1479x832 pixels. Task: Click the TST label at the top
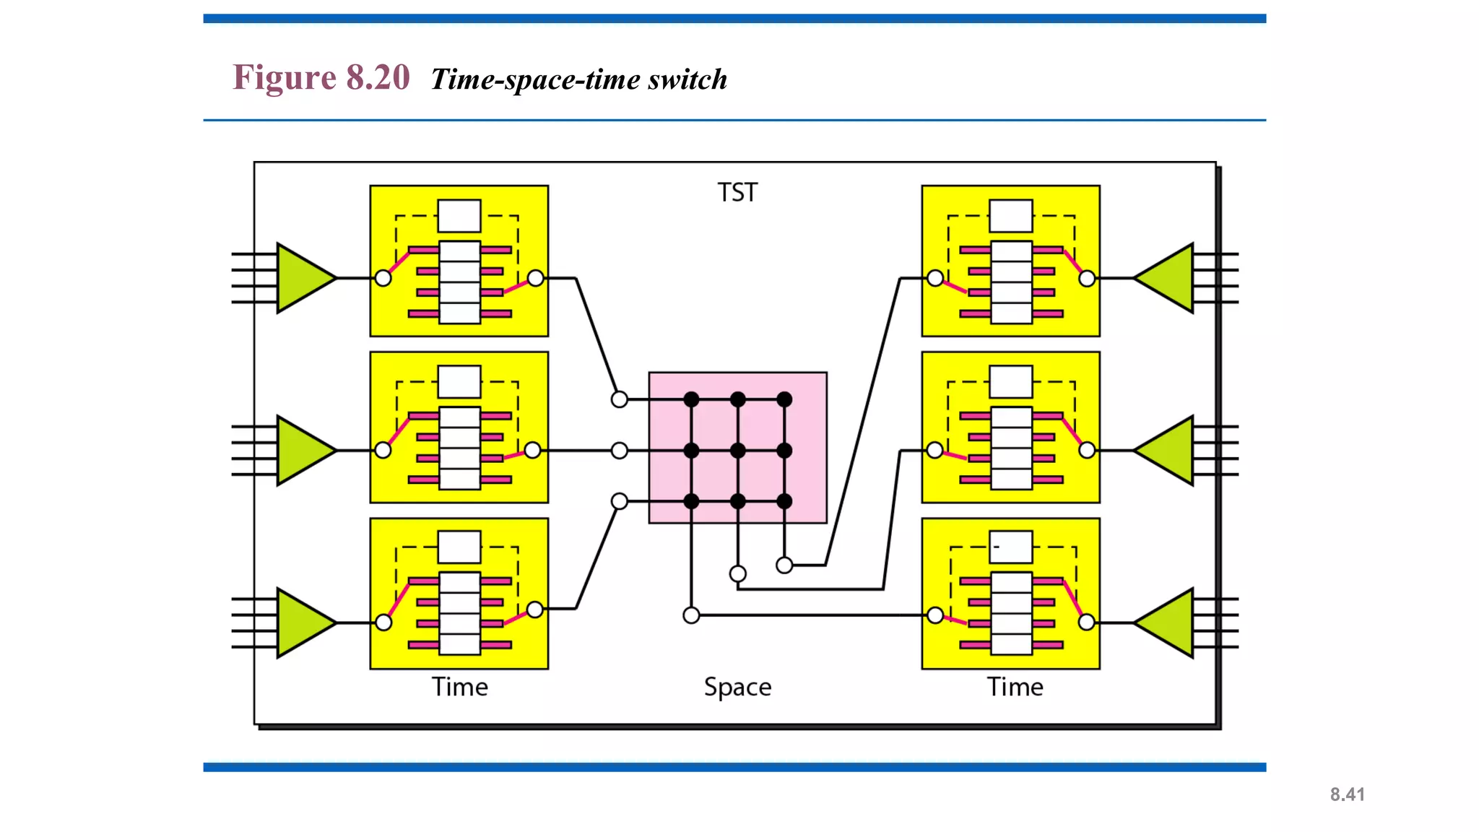point(737,193)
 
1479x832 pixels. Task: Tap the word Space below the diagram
point(737,687)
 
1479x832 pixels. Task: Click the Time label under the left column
point(460,687)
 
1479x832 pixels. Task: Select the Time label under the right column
point(1015,687)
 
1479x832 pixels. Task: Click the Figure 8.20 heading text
point(321,77)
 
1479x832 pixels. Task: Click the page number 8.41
point(1347,794)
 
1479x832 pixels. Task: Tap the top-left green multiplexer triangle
point(303,278)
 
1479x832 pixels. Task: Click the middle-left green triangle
point(303,451)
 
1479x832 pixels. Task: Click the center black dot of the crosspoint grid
point(737,451)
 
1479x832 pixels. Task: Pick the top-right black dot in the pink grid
point(784,399)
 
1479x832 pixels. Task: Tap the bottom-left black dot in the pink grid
point(691,501)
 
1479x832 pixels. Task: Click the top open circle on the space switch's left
point(620,399)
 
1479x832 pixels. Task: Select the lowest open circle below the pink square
point(691,615)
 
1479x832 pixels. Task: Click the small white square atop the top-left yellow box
point(459,216)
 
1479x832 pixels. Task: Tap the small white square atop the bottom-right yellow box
point(1011,547)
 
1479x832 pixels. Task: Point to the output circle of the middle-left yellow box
point(532,451)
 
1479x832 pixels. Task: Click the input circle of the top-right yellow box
point(935,278)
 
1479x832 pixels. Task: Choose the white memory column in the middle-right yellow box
point(1011,448)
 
